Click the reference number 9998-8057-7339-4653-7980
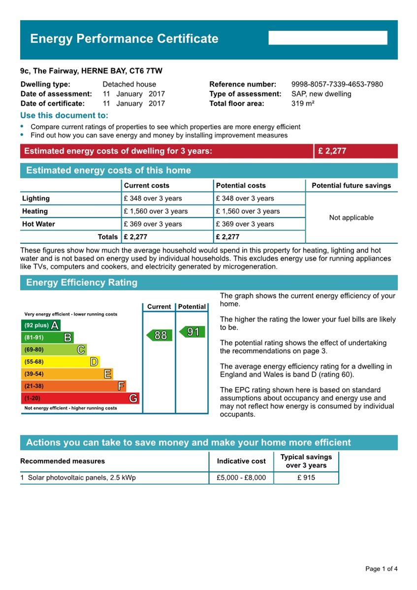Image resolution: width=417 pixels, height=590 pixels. [337, 84]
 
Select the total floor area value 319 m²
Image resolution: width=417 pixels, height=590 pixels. [303, 103]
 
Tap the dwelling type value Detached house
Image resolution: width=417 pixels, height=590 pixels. [129, 84]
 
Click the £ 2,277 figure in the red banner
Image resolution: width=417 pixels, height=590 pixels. [332, 151]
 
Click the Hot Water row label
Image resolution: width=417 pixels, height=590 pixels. [38, 224]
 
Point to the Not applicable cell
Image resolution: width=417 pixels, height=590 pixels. [351, 218]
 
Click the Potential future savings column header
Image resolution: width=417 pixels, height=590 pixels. [351, 185]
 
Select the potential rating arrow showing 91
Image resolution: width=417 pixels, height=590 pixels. [192, 332]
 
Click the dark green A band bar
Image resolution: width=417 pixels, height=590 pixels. [40, 325]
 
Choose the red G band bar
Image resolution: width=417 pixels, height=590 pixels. [80, 398]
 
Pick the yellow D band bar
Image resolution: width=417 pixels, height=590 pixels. [60, 362]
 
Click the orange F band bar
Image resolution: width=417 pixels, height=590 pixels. [73, 386]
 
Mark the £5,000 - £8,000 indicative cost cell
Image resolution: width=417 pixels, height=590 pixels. [241, 478]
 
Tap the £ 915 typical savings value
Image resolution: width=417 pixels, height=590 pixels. [306, 478]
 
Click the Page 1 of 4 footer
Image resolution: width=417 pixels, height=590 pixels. [381, 569]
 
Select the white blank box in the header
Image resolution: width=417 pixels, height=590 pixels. [328, 38]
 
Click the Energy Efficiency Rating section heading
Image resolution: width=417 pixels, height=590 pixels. [82, 283]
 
